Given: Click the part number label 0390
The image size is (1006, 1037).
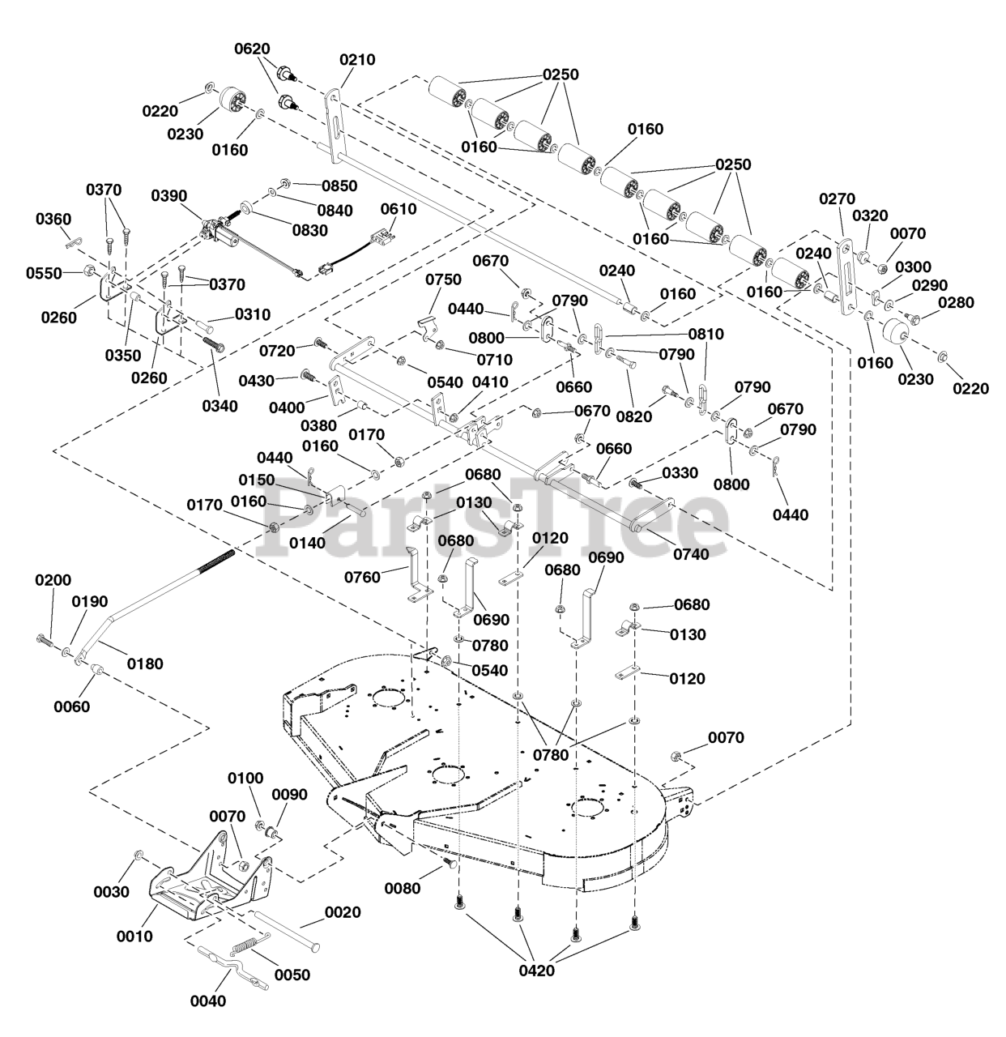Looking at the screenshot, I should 168,195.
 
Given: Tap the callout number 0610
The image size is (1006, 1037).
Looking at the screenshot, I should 399,209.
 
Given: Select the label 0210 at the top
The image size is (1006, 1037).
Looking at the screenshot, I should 357,59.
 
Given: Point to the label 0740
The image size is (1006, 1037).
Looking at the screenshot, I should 691,554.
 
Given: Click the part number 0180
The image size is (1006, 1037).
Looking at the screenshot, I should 145,664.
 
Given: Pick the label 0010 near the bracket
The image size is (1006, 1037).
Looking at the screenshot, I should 134,936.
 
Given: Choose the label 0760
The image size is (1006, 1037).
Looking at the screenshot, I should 362,578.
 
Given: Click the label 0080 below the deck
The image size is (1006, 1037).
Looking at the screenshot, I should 403,888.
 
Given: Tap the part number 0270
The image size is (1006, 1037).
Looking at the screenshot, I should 837,198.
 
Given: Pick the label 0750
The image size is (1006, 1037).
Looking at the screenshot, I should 443,280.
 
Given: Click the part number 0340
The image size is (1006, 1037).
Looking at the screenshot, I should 220,406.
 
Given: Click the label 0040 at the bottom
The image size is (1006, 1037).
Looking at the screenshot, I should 208,1001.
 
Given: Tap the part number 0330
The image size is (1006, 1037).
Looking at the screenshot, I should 680,473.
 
